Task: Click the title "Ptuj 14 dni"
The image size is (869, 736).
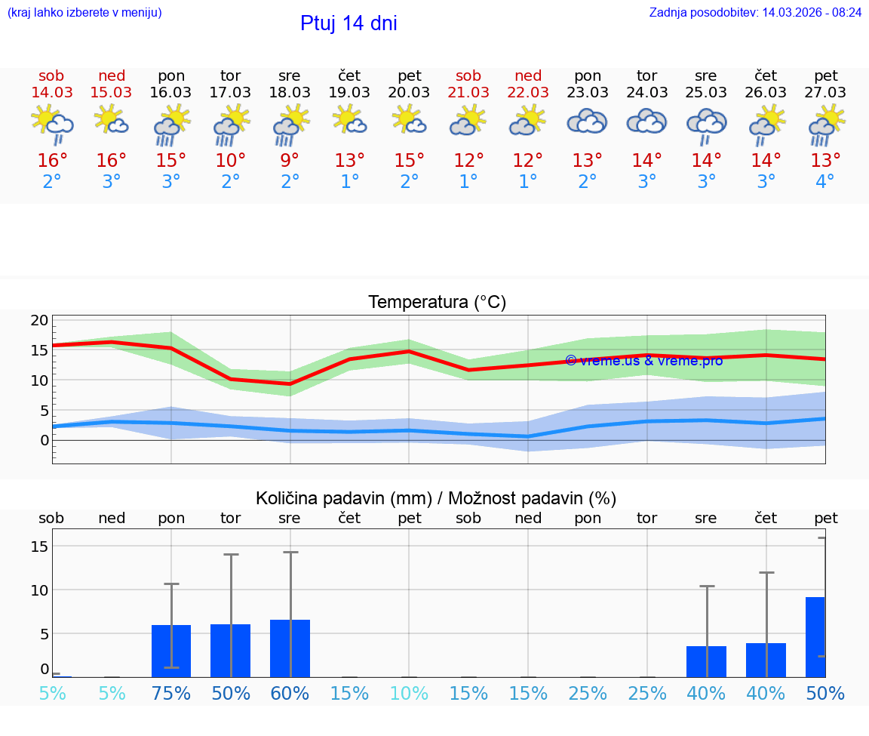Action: [349, 23]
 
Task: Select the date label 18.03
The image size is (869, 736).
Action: [290, 93]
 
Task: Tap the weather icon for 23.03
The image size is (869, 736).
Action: [587, 122]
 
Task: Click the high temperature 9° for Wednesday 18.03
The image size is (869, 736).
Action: [290, 161]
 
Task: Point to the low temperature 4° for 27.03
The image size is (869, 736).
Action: [825, 182]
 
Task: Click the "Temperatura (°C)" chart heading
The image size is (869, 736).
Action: [437, 303]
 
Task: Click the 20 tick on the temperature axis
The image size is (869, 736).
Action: [39, 320]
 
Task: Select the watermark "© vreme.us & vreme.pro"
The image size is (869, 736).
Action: [643, 361]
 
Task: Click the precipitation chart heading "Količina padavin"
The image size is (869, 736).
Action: [436, 498]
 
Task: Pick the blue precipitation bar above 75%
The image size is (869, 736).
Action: [171, 651]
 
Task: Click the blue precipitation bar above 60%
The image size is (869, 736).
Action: [290, 648]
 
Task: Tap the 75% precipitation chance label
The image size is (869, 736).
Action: [171, 694]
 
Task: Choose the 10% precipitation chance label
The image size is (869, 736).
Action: [409, 694]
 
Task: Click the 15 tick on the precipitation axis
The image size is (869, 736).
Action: [40, 546]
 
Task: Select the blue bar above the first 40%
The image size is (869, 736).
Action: [706, 661]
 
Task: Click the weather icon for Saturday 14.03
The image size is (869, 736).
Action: [51, 122]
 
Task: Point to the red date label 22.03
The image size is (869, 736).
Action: [528, 93]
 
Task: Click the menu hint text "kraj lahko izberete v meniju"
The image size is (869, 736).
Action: [84, 13]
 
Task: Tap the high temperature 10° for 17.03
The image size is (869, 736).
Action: [230, 161]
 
